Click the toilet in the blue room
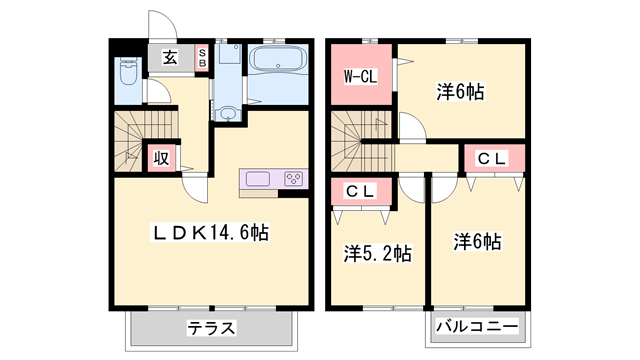pyautogui.click(x=128, y=73)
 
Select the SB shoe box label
pyautogui.click(x=201, y=58)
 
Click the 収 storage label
pyautogui.click(x=160, y=158)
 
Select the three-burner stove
pyautogui.click(x=294, y=179)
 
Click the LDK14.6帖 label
pyautogui.click(x=210, y=232)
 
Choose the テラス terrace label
pyautogui.click(x=210, y=327)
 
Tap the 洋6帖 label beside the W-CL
pyautogui.click(x=460, y=92)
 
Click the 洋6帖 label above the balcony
pyautogui.click(x=477, y=242)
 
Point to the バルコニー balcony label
pyautogui.click(x=477, y=327)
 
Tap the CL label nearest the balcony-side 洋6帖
pyautogui.click(x=492, y=158)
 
